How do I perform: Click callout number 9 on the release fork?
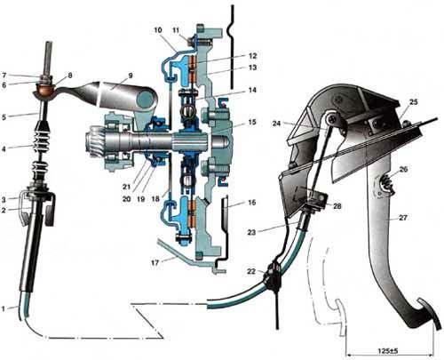click(x=130, y=76)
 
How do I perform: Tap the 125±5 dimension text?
click(x=388, y=351)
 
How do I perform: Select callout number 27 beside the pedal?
click(x=403, y=218)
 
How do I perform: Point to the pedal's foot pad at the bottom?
click(x=427, y=314)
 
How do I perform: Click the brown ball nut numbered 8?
click(x=45, y=89)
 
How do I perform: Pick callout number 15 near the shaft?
click(x=252, y=122)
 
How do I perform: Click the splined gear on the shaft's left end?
click(x=95, y=140)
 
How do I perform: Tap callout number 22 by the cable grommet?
click(x=251, y=271)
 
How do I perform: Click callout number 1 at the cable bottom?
click(x=4, y=308)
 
